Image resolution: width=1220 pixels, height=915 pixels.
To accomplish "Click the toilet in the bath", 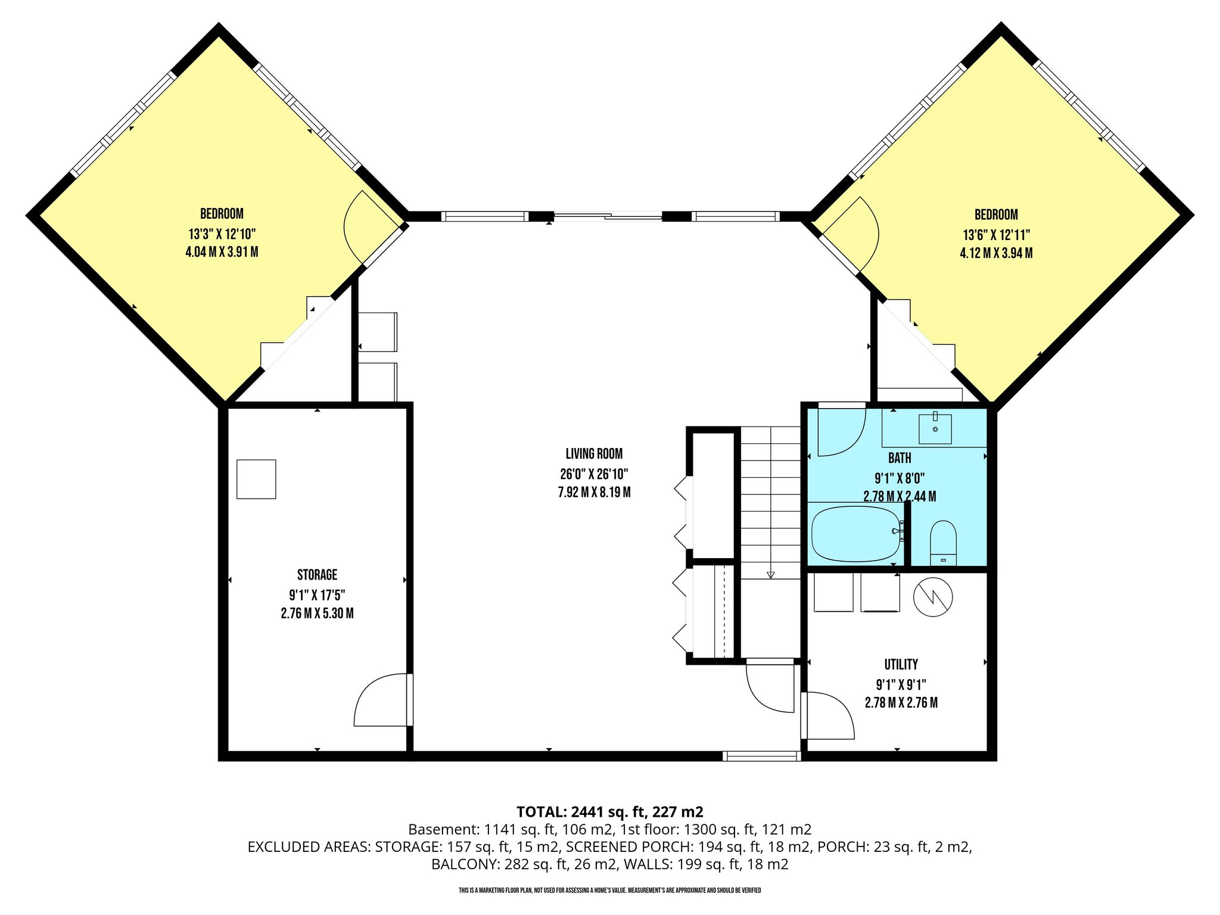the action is click(943, 543).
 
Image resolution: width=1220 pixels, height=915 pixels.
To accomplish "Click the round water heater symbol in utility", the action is click(933, 597).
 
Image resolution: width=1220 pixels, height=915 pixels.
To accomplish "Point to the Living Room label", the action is click(594, 454).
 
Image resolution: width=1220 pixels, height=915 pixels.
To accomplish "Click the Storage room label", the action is click(317, 575).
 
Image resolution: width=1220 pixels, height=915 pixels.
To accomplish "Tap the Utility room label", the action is click(901, 664).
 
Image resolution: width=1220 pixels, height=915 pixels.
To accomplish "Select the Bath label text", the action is click(900, 458).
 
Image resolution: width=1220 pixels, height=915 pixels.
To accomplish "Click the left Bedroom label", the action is click(222, 213).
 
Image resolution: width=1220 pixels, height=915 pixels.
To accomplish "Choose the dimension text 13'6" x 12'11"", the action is click(996, 234).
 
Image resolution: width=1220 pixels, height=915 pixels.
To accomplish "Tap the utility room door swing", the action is click(827, 715).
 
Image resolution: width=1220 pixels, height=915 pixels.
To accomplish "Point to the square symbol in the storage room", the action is click(256, 479).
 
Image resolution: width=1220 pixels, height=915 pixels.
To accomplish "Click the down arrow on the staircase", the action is click(770, 575).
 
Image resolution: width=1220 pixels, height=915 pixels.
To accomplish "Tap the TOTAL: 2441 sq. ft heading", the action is click(609, 811).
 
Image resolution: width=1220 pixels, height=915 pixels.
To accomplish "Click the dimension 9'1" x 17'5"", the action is click(317, 595).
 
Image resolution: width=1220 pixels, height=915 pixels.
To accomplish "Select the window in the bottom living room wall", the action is click(761, 756).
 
